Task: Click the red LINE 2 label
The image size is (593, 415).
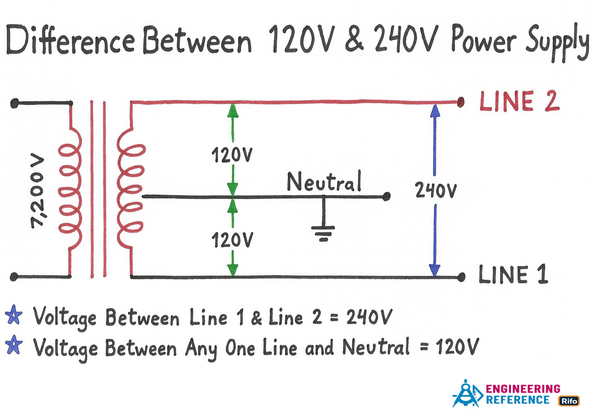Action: point(519,101)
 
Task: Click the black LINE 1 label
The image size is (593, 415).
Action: point(513,274)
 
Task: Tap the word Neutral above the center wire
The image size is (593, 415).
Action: point(324,182)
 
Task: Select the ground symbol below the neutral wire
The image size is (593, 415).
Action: point(323,232)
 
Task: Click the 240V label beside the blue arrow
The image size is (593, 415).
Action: point(436,190)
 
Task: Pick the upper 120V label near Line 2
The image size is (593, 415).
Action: point(232,155)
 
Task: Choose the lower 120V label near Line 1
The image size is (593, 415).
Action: point(232,240)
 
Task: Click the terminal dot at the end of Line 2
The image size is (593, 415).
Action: point(461,102)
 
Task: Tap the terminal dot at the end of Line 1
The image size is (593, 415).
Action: point(461,277)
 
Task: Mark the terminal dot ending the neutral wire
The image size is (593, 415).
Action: point(387,197)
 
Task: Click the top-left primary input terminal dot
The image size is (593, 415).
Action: point(14,103)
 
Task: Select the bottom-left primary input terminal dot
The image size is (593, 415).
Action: point(14,277)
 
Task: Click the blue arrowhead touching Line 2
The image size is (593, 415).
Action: point(435,110)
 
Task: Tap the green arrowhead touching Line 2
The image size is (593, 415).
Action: point(232,110)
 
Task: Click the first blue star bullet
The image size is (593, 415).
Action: point(14,315)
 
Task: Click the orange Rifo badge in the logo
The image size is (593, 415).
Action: point(569,401)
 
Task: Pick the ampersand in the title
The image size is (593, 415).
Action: point(354,39)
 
